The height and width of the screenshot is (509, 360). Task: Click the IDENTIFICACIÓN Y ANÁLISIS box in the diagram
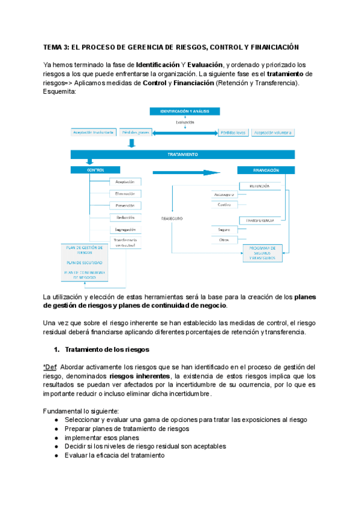click(185, 112)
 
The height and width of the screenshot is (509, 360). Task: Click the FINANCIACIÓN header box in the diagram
click(266, 170)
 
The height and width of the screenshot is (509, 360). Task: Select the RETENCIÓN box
click(259, 186)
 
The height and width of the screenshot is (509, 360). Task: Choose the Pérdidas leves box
click(231, 133)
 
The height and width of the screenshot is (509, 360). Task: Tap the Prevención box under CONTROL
click(125, 205)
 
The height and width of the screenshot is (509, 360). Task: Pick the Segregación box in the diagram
click(125, 229)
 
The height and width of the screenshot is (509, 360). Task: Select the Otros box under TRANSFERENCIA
click(224, 240)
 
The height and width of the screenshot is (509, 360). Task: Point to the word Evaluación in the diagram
click(185, 122)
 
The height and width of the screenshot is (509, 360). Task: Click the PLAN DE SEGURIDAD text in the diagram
click(84, 262)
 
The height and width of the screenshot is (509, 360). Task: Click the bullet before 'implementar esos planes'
click(56, 438)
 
